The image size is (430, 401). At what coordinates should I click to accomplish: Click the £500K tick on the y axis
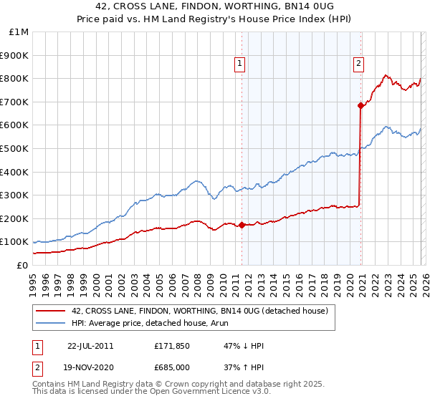[14, 148]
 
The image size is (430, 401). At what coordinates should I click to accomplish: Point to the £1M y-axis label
[19, 32]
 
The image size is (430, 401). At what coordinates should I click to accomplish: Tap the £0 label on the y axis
[23, 265]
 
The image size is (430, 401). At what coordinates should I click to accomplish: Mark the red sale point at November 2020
[360, 105]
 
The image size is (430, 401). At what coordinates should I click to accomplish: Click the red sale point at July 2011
[242, 225]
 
